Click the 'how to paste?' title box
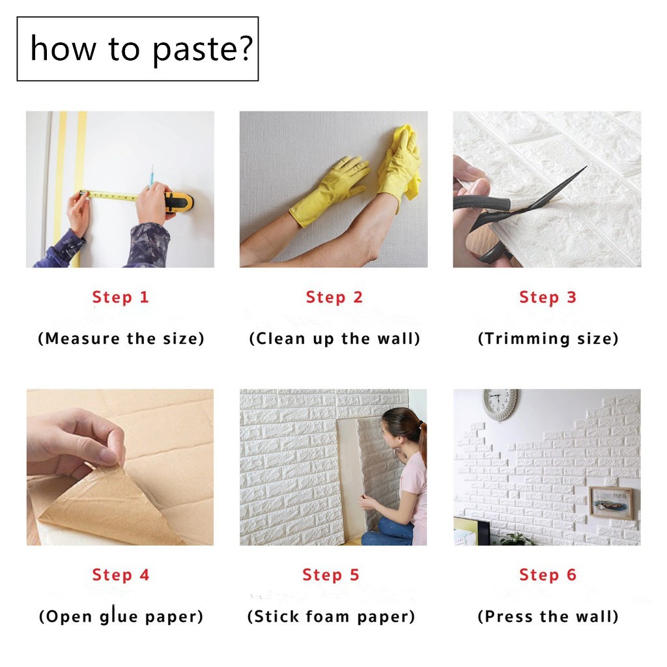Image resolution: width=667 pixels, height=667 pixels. [x=137, y=49]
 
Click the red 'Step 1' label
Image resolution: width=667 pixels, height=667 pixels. [x=121, y=297]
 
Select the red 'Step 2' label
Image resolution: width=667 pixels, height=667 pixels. [x=334, y=297]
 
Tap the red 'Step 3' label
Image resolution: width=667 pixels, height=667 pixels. [x=547, y=297]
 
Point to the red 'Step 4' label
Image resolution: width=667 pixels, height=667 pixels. [x=121, y=575]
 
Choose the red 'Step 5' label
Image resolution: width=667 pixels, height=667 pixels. [x=330, y=575]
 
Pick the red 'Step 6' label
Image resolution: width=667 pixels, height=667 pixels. [x=547, y=575]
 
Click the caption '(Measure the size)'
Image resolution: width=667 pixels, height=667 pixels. [x=121, y=339]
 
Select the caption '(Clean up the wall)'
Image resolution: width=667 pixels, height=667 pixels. [x=334, y=339]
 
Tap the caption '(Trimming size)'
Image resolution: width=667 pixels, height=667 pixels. [x=548, y=339]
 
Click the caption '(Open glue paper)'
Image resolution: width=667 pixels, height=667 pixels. [x=121, y=616]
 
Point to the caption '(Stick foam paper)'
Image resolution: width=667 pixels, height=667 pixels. [x=331, y=616]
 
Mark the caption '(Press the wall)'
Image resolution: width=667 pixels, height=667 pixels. [x=548, y=616]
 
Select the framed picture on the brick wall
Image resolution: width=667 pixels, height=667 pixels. [x=611, y=503]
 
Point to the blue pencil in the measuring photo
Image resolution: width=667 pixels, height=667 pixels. [x=150, y=177]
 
